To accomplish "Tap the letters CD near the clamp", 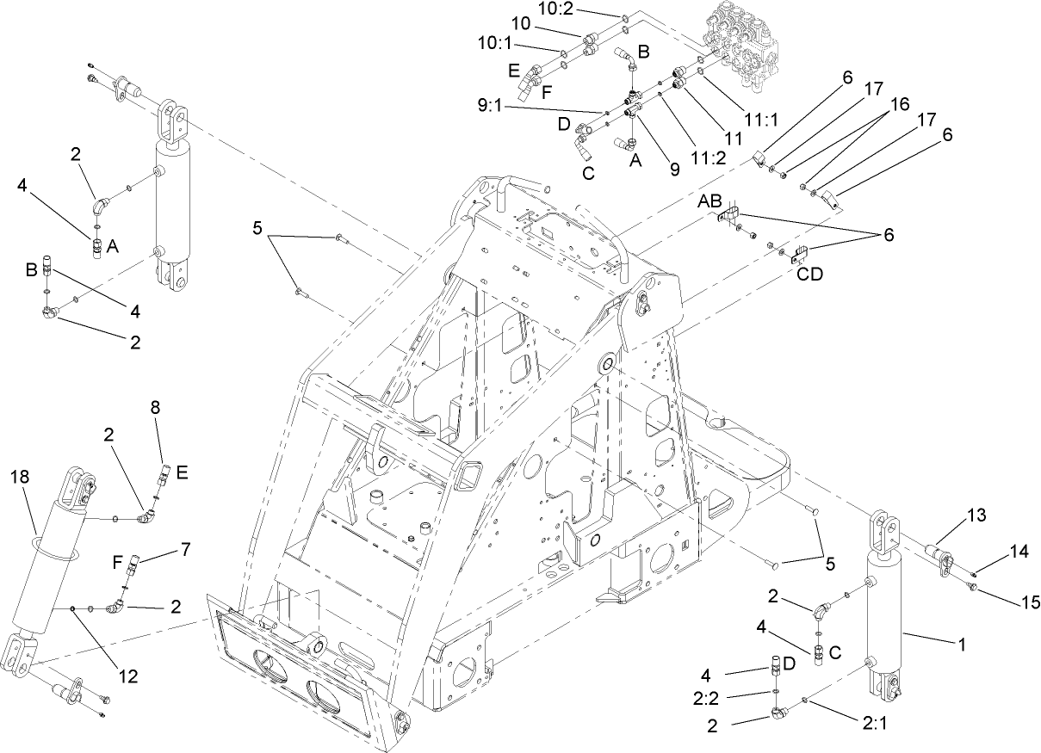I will point(809,275).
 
